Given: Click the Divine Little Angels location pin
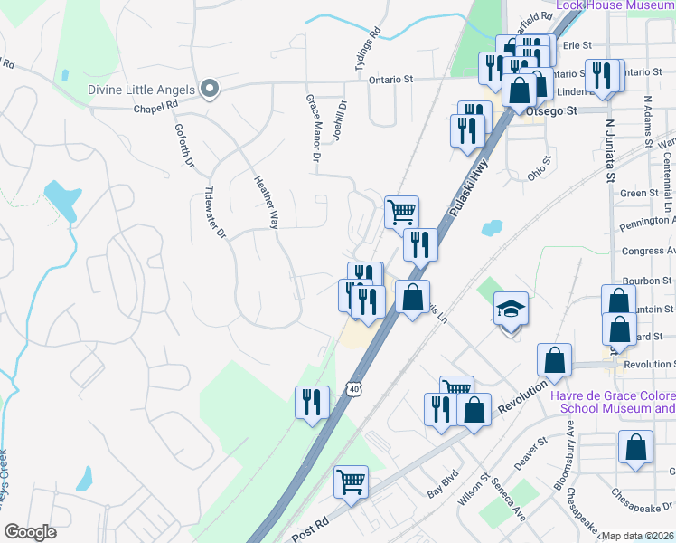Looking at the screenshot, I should click(210, 89).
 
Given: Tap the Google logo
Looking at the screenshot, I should click(31, 532).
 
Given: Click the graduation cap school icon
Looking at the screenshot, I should click(510, 310).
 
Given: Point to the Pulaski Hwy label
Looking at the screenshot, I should click(466, 189).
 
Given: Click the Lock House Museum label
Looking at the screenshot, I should click(615, 5).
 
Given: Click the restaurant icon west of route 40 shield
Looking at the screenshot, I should click(312, 401).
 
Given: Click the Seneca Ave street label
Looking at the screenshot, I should click(509, 503).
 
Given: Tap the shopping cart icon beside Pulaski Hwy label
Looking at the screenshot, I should click(402, 212).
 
